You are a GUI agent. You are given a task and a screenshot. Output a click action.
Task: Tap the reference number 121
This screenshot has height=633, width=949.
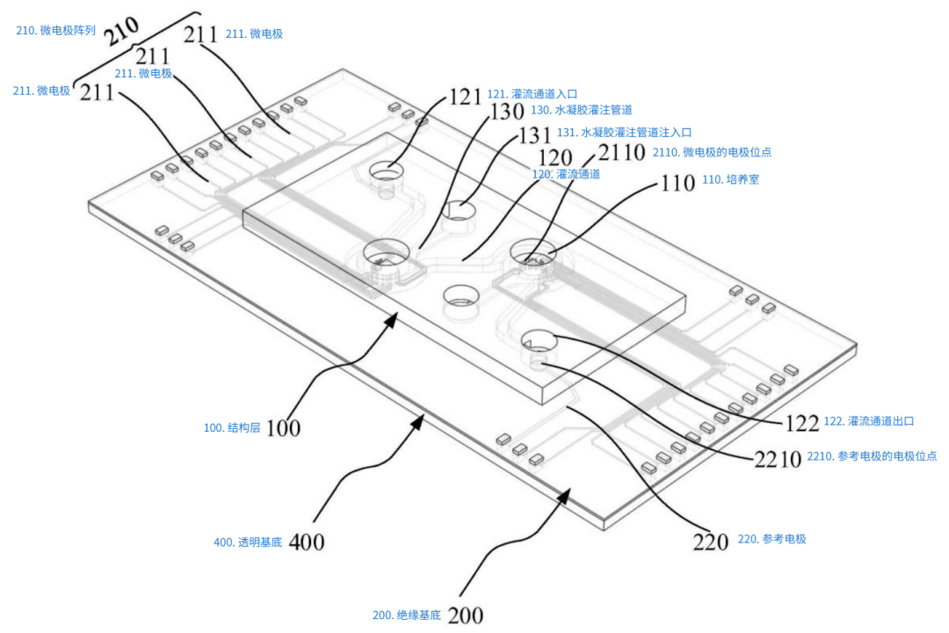(x=466, y=96)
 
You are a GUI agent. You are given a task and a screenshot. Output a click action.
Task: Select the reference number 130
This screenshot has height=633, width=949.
(x=505, y=113)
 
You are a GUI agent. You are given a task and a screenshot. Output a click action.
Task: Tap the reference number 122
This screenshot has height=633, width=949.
(x=801, y=423)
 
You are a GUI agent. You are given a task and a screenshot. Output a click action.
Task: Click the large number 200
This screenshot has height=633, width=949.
(x=465, y=615)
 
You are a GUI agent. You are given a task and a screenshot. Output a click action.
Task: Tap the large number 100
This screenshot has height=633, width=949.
(x=283, y=428)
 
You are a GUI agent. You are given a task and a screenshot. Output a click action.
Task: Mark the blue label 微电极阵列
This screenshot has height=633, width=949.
(x=56, y=30)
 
